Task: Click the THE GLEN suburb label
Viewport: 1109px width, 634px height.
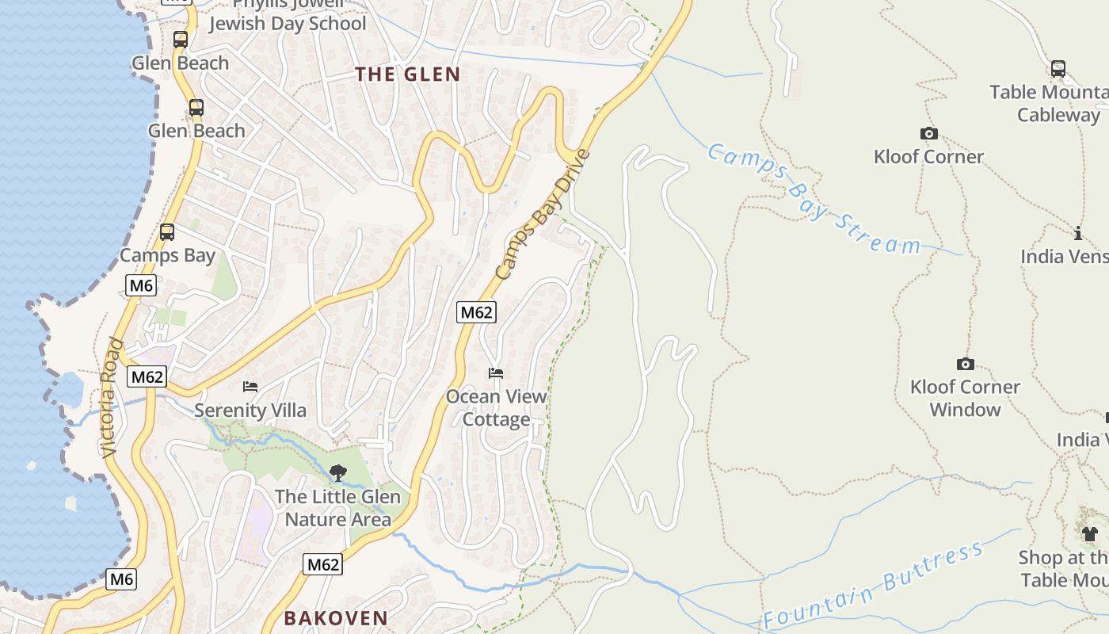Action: point(407,74)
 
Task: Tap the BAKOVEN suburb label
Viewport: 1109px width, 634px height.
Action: point(336,618)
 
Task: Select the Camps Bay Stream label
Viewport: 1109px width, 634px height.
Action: point(814,198)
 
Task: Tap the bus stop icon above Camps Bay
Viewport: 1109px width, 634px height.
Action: point(166,232)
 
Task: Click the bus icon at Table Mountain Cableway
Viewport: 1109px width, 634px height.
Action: point(1058,69)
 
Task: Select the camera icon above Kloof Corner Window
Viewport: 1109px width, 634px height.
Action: point(965,364)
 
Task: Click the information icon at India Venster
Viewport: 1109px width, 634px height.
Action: point(1077,233)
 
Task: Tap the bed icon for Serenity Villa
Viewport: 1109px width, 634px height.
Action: point(250,387)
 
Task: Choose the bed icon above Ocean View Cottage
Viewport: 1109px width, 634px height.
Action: point(496,372)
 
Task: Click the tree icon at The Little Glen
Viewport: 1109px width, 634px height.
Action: point(337,473)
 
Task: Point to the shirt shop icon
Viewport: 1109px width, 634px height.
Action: point(1090,533)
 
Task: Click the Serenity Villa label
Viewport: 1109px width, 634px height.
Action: point(250,410)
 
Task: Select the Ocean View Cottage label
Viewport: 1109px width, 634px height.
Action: point(496,407)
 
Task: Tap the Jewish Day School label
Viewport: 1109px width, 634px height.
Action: point(288,24)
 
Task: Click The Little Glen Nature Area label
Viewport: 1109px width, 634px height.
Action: point(337,508)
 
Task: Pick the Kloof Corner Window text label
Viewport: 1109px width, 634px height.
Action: point(965,398)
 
